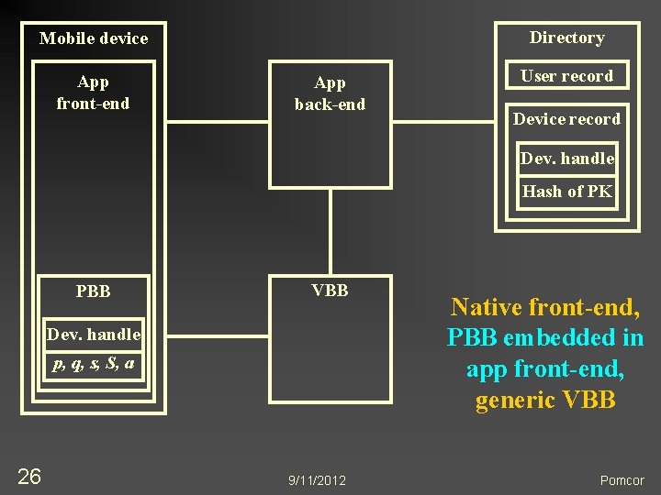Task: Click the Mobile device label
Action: (x=94, y=38)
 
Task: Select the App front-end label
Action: (x=93, y=93)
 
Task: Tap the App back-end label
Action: (x=330, y=93)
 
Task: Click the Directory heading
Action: (x=566, y=38)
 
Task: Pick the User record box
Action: (x=566, y=76)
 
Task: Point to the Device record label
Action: (x=566, y=119)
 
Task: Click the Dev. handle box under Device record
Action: (x=566, y=159)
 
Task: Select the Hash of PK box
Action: (x=566, y=192)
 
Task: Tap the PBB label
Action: (x=94, y=291)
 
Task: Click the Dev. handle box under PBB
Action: (x=94, y=335)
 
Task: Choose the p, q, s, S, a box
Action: (x=94, y=364)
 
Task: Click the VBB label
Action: (x=330, y=291)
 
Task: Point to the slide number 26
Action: (x=29, y=476)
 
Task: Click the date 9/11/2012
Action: (x=317, y=480)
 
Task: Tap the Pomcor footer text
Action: (x=622, y=480)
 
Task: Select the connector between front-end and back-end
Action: (x=212, y=126)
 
